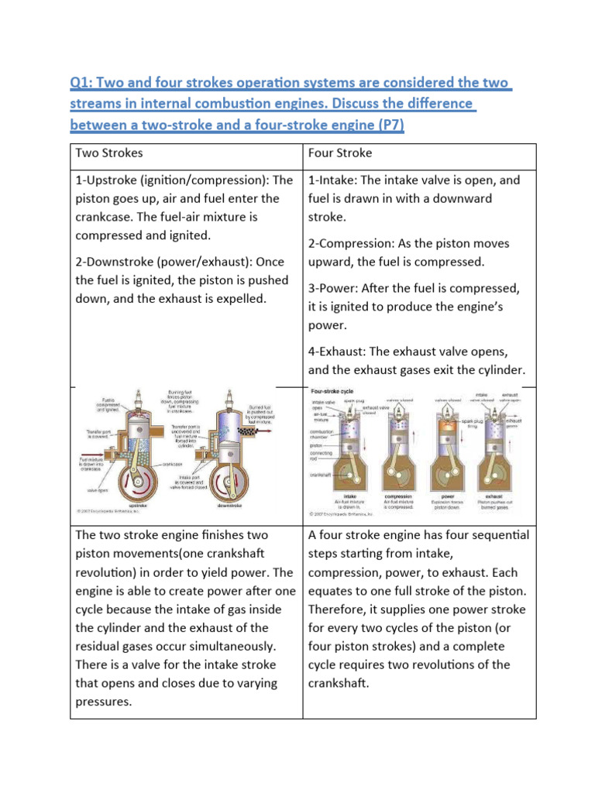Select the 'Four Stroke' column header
point(339,153)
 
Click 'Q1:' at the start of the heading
point(84,83)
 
